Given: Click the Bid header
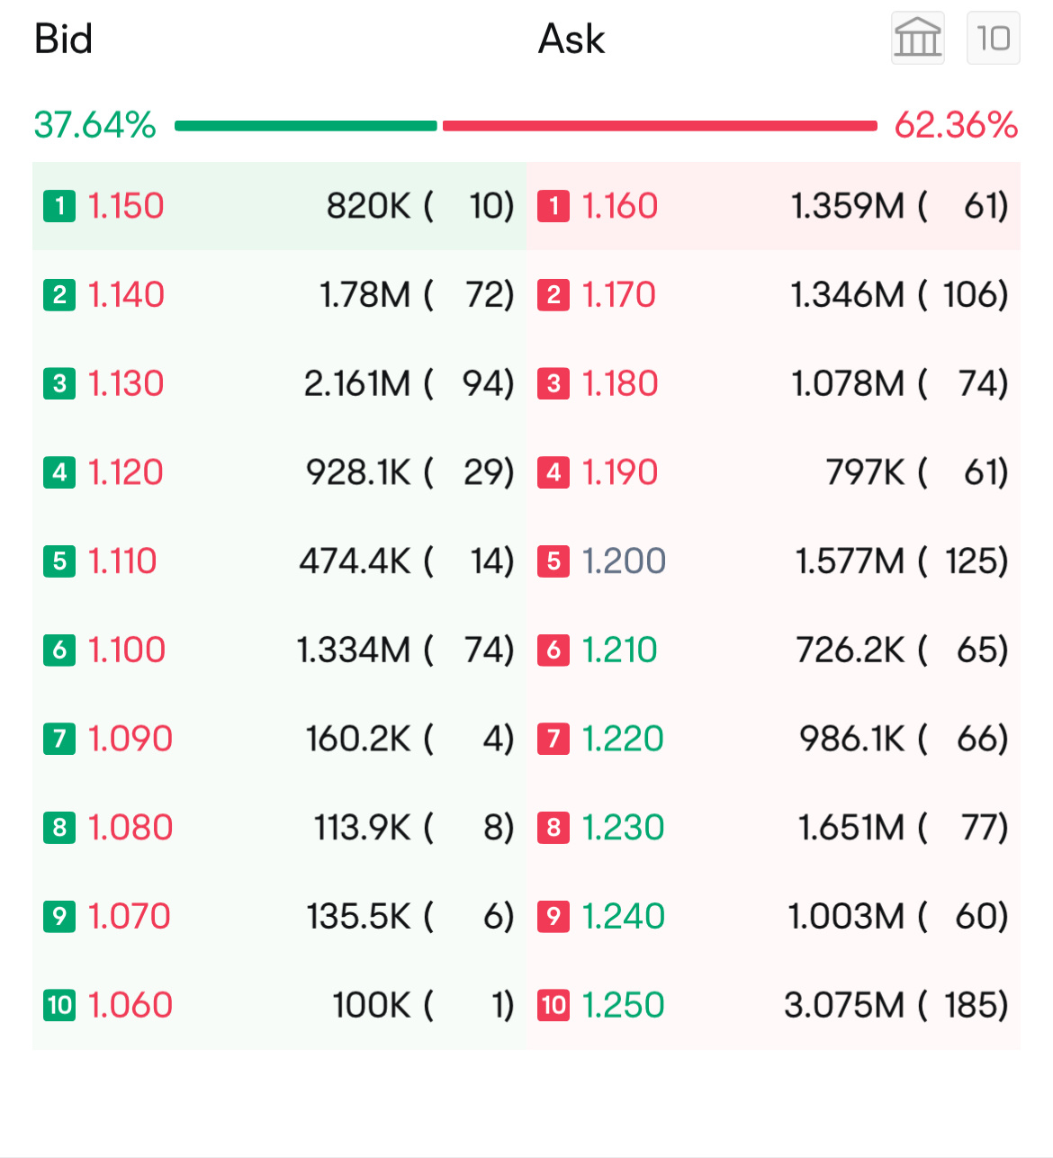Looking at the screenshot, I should click(63, 39).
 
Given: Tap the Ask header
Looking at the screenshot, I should click(571, 39).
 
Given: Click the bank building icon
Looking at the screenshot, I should click(917, 38).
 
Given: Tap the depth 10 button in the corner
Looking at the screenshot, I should click(993, 38).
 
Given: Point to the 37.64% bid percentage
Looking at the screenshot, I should click(94, 125).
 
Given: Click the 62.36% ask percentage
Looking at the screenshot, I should click(956, 125).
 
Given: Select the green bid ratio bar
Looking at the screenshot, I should click(306, 126).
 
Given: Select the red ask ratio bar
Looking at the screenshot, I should click(660, 126).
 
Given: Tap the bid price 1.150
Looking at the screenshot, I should click(126, 206).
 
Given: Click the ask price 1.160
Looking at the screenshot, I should click(620, 206).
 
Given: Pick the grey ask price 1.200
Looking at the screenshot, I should click(624, 561).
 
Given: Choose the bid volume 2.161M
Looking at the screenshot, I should click(356, 383).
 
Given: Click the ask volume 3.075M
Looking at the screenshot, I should click(843, 1005).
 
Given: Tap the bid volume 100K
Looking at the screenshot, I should click(371, 1005).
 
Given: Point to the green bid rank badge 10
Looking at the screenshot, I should click(59, 1005).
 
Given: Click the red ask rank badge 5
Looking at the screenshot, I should click(553, 561).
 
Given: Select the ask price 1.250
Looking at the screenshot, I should click(623, 1005).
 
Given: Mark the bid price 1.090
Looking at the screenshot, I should click(130, 739).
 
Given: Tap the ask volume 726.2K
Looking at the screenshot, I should click(850, 650).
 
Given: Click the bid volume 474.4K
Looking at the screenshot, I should click(355, 561).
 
